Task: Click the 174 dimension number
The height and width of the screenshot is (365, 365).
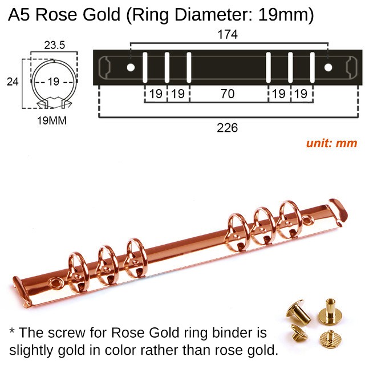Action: click(228, 35)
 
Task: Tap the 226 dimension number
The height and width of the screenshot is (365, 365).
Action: click(228, 128)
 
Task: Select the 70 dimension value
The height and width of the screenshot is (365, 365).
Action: click(228, 94)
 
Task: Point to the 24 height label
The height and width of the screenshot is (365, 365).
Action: click(12, 81)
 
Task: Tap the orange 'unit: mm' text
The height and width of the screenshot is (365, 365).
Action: click(331, 143)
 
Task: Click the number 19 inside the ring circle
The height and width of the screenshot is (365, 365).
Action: click(52, 81)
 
